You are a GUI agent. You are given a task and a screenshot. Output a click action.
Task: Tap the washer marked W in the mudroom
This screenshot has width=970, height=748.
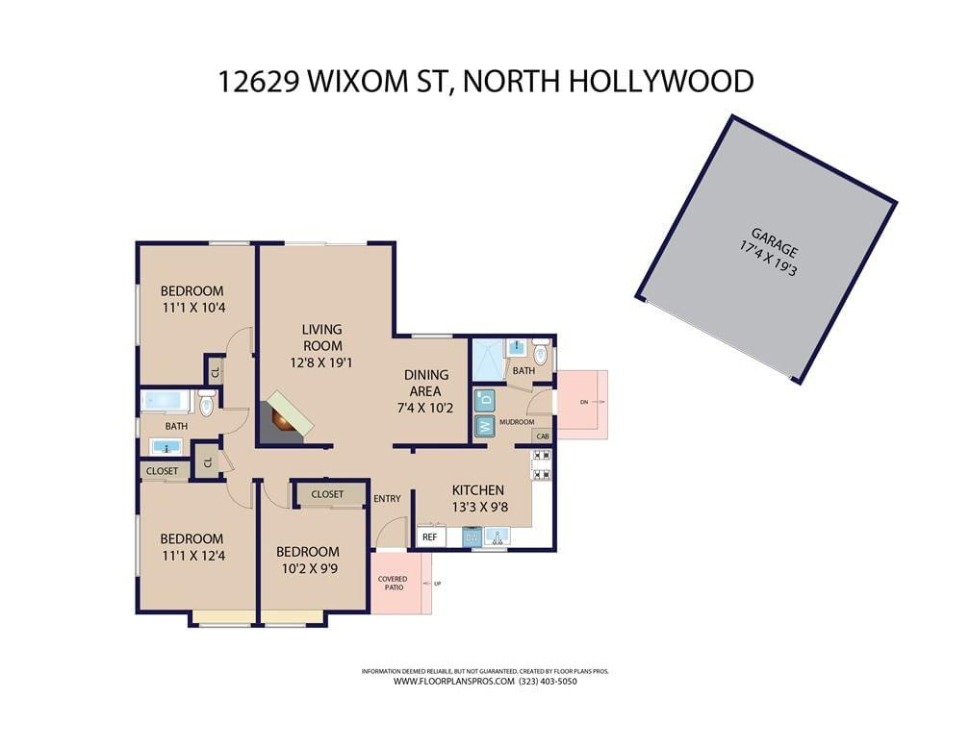point(486,425)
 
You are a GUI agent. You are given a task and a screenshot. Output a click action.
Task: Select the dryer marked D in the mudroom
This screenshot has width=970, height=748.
point(486,400)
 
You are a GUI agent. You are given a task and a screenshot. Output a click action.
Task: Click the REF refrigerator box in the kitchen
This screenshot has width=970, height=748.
point(429,537)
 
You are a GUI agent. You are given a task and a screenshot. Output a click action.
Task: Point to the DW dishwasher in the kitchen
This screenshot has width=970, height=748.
point(472,537)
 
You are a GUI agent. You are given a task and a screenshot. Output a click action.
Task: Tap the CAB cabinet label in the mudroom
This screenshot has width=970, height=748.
point(543,436)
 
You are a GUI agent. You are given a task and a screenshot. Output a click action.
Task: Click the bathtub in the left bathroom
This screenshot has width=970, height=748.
point(165,401)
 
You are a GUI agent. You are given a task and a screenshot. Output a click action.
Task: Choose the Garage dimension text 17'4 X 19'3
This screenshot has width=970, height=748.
point(768,261)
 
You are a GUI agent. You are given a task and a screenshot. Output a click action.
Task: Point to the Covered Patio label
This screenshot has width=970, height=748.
point(393,583)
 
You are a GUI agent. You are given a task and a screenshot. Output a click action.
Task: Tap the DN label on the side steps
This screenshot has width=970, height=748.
point(584,403)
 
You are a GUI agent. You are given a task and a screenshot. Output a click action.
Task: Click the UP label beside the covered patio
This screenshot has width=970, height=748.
point(437,584)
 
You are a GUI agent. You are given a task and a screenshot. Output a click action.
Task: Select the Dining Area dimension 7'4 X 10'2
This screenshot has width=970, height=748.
point(425,409)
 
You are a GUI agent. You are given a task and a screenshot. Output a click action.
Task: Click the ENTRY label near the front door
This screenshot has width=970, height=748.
point(387,498)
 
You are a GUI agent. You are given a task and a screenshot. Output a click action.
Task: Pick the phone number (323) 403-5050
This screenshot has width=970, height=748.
point(549,682)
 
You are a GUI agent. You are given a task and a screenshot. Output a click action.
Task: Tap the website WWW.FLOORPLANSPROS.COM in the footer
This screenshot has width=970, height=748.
point(454,682)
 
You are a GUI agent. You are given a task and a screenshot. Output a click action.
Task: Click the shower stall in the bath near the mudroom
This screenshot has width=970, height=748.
point(489,360)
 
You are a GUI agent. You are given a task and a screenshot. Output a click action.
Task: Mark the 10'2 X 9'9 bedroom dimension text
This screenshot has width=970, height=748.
point(310,568)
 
